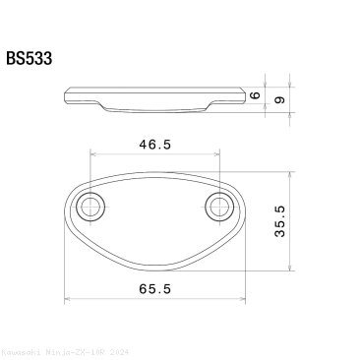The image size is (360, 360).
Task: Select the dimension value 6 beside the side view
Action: coord(281,94)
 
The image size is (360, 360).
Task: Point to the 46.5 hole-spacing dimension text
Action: coord(154,144)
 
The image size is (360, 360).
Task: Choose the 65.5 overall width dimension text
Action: coord(155,289)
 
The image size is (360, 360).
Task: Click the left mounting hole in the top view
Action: coord(91,207)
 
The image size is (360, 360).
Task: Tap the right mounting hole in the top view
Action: coord(218,207)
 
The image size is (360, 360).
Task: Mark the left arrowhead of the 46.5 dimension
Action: coord(94,153)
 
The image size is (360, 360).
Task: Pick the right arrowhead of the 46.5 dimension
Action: coord(215,153)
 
